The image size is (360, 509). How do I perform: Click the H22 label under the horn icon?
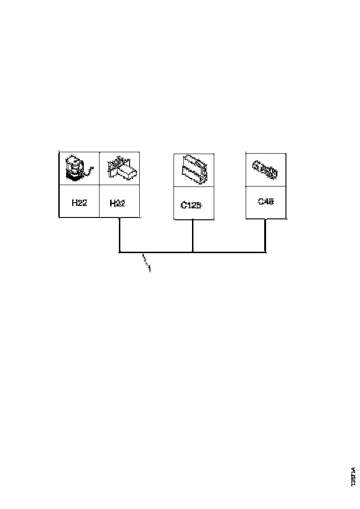coord(80,202)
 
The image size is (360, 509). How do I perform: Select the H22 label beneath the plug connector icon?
coord(117,203)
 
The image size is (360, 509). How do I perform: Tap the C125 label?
coord(191,205)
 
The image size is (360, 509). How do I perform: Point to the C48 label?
coord(266,202)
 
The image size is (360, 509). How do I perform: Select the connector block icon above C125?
coord(194,169)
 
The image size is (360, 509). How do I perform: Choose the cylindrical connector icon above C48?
coord(265,168)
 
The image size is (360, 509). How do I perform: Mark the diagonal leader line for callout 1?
coord(146,259)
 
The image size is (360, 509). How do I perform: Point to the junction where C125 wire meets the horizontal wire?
coord(192,252)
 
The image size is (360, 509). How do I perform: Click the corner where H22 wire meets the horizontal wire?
coord(119,252)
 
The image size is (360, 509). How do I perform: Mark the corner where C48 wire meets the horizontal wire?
coord(265,252)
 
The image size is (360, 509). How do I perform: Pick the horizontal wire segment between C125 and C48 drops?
coord(229,252)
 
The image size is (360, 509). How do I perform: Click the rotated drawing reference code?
coord(354,476)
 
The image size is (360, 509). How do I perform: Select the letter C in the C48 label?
coord(261,202)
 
